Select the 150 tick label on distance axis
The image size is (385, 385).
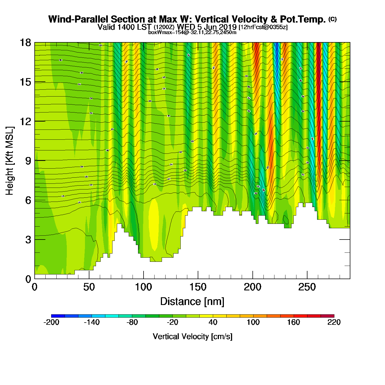click(198, 287)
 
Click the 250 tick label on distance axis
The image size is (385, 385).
click(307, 287)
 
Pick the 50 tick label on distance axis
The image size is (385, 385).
click(89, 287)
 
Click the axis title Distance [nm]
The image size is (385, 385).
click(192, 302)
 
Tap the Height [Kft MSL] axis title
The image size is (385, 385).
click(10, 161)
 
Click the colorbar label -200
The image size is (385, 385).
click(51, 322)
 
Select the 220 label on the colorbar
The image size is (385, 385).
click(334, 322)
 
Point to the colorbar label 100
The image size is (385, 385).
click(253, 322)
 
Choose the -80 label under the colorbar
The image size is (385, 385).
click(132, 322)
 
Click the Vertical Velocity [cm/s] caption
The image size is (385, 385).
click(193, 336)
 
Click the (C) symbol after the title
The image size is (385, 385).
click(332, 19)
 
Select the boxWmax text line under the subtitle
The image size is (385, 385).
click(192, 32)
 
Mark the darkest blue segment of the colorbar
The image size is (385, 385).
click(58, 316)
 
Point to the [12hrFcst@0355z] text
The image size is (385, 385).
click(263, 27)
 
